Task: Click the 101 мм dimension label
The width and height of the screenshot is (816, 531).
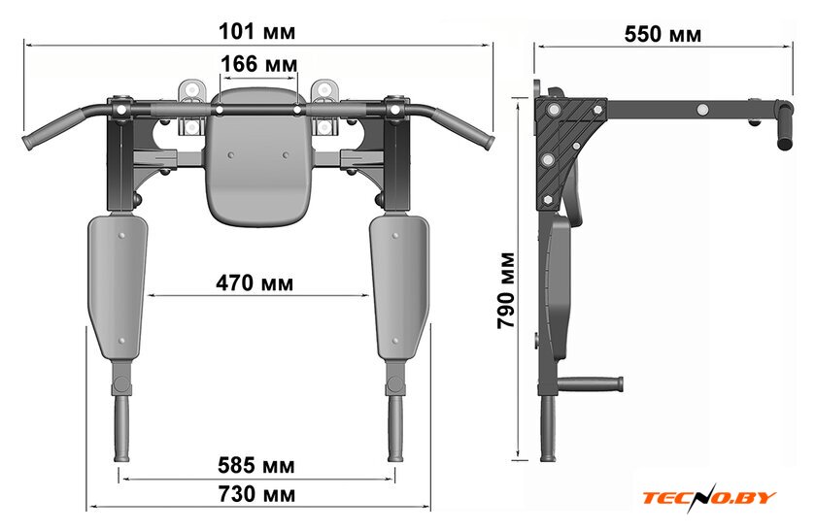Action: pyautogui.click(x=256, y=31)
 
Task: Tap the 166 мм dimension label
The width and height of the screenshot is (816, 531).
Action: pyautogui.click(x=259, y=64)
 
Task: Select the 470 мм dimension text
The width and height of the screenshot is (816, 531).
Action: pyautogui.click(x=255, y=282)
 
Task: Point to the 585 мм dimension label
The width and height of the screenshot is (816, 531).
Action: pyautogui.click(x=256, y=465)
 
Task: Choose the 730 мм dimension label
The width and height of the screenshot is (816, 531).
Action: pyautogui.click(x=256, y=494)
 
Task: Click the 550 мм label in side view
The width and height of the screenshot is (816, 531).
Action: pyautogui.click(x=663, y=34)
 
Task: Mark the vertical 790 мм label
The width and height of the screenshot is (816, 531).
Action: pyautogui.click(x=506, y=290)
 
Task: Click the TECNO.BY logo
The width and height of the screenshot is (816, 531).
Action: pyautogui.click(x=709, y=498)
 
